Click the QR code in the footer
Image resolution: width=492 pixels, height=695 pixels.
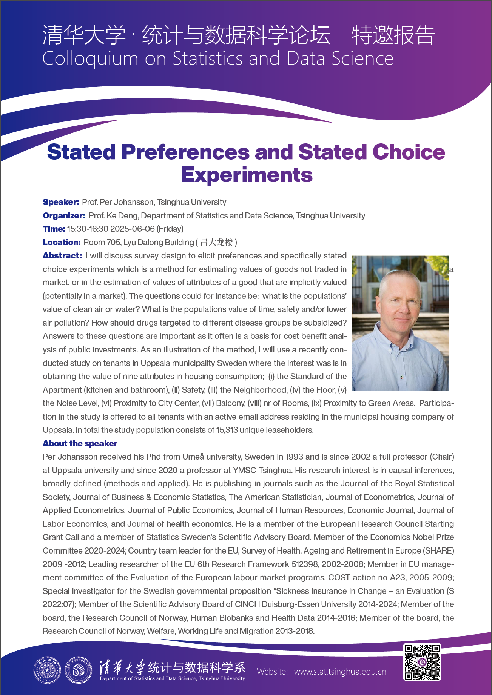[422, 662]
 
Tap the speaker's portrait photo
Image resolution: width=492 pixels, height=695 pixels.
[400, 323]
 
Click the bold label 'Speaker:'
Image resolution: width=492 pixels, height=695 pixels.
[61, 202]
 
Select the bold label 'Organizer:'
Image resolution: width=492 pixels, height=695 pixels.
[64, 216]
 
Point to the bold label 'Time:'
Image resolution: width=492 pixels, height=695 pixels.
[54, 229]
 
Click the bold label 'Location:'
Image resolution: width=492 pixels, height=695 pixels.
[62, 243]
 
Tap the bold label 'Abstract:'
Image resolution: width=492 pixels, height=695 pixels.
[62, 256]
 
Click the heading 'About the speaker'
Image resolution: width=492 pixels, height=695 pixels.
[80, 444]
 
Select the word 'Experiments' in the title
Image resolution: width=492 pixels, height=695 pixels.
[247, 175]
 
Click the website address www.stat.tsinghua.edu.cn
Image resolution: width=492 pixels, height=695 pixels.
[340, 672]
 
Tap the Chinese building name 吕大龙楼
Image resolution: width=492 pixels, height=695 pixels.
[216, 243]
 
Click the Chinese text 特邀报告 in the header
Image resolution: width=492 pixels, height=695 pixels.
[393, 35]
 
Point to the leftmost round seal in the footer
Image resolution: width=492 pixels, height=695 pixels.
[47, 670]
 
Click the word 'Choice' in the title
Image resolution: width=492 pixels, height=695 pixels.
[409, 152]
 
